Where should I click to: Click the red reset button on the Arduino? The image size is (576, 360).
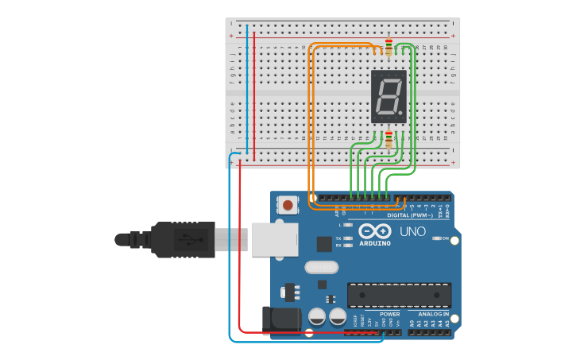pos(288,206)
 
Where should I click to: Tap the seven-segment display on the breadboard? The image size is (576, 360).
pos(389,96)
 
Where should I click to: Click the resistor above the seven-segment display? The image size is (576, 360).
pos(389,47)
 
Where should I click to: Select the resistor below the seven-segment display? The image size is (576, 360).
pos(389,140)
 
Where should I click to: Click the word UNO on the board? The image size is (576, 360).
pos(412,232)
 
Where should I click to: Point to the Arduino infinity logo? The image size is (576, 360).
pos(375,231)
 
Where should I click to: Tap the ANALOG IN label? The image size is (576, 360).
pos(434,315)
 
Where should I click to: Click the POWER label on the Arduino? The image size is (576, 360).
pos(389,315)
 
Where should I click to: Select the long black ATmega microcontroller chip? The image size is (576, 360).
pos(399,295)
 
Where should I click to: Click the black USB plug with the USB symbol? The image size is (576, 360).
pos(182,239)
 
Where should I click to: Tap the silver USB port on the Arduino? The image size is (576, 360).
pos(275,239)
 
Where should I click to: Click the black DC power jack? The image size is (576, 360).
pos(281,319)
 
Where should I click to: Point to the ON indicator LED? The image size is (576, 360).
pos(436,238)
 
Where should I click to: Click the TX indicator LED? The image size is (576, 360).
pos(348,238)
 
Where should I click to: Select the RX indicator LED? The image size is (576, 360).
pos(348,246)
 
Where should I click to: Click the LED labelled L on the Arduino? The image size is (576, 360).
pos(348,226)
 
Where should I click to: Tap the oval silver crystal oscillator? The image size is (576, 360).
pos(321,268)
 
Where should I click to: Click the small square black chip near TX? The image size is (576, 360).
pos(324,244)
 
